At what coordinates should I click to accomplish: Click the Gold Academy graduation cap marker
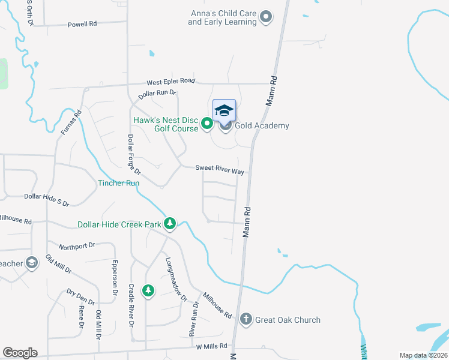pyautogui.click(x=224, y=110)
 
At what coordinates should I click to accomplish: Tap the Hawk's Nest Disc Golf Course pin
pyautogui.click(x=207, y=124)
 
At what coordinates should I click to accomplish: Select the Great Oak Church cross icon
pyautogui.click(x=246, y=319)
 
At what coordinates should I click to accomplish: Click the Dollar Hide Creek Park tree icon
pyautogui.click(x=170, y=224)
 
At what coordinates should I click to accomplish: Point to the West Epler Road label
pyautogui.click(x=171, y=81)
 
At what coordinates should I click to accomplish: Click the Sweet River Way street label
pyautogui.click(x=220, y=171)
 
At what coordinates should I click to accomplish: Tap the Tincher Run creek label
pyautogui.click(x=119, y=182)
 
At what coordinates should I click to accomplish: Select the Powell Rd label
pyautogui.click(x=82, y=25)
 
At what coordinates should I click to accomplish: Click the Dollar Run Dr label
pyautogui.click(x=157, y=94)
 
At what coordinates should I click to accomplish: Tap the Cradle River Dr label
pyautogui.click(x=131, y=305)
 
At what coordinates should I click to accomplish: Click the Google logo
pyautogui.click(x=20, y=353)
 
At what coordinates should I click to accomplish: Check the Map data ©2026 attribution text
pyautogui.click(x=423, y=355)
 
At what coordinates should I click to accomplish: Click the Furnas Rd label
pyautogui.click(x=70, y=122)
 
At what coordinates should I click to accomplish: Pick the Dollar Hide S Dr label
pyautogui.click(x=47, y=196)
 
